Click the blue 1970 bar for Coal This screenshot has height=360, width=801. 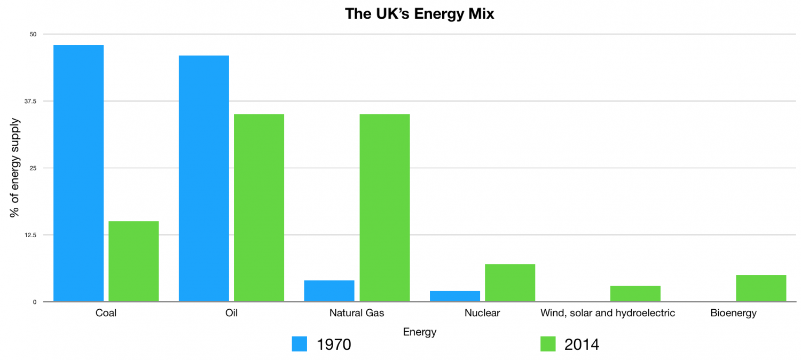click(x=78, y=173)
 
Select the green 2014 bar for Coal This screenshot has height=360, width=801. click(x=133, y=261)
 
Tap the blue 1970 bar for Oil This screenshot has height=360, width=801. click(x=204, y=178)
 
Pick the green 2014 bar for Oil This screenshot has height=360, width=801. click(x=259, y=208)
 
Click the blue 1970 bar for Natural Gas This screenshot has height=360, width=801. click(x=329, y=291)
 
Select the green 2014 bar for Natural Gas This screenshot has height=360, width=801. click(x=384, y=208)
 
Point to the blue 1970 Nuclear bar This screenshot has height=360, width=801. click(x=455, y=296)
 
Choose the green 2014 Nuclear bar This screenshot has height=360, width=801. click(x=510, y=283)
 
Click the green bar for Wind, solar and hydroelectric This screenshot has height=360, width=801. click(x=635, y=294)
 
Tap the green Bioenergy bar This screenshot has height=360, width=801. click(x=761, y=288)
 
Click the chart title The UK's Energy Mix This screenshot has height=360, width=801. click(x=420, y=14)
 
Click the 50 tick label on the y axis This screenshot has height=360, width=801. click(x=33, y=34)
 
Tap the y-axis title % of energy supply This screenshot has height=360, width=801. click(x=15, y=168)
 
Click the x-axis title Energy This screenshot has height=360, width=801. click(x=420, y=332)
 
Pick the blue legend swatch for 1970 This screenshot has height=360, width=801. click(x=300, y=345)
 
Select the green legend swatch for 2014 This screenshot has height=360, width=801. click(x=548, y=345)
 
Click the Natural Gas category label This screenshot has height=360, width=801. click(x=357, y=313)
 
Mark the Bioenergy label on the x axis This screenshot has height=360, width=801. click(x=733, y=313)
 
